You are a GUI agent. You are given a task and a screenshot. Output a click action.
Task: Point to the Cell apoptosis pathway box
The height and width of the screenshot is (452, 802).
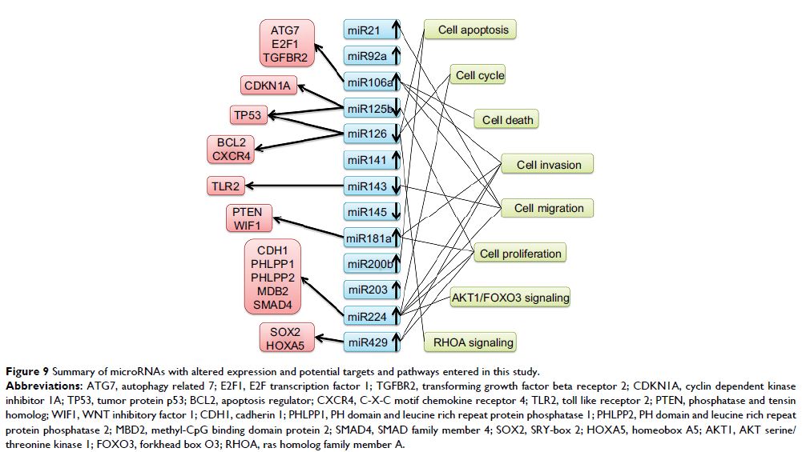coord(473,30)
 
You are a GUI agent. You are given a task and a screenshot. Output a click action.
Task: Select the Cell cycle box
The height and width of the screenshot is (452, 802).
coord(479,76)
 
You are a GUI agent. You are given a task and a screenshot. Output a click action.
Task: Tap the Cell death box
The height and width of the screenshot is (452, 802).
coord(507,120)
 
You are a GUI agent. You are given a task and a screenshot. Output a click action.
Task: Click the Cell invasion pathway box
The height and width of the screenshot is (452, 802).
coord(548,165)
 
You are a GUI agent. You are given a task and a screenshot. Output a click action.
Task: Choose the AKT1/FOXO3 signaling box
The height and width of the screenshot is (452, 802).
coord(510,298)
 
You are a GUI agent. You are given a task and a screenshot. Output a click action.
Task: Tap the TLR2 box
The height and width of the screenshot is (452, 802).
coord(227,187)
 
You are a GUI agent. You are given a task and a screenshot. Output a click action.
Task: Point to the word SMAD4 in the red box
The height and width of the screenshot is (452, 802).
coord(273,304)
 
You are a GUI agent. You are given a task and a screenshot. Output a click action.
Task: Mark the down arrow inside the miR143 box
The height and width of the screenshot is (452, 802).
coord(394,186)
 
